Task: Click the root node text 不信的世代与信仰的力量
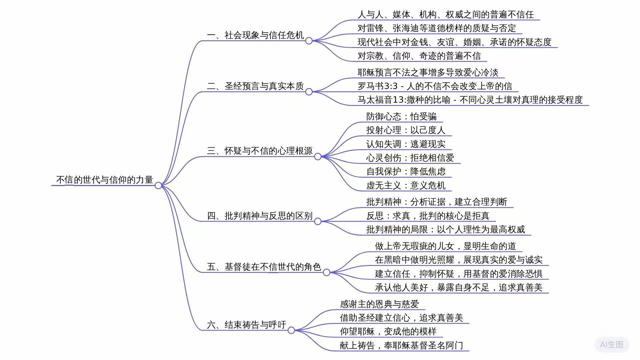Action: tap(104, 180)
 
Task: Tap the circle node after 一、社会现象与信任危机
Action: tap(309, 41)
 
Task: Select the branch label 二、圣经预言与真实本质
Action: tap(255, 86)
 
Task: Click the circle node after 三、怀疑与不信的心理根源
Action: tap(318, 156)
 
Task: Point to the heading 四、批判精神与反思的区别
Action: tap(260, 216)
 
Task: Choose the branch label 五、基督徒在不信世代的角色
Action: tap(264, 267)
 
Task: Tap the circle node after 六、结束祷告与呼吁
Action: tap(291, 330)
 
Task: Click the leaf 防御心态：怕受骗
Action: tap(401, 116)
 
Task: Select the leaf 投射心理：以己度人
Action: tap(406, 130)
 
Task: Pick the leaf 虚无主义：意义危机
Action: tap(406, 185)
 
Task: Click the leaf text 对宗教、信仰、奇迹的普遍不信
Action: tap(419, 56)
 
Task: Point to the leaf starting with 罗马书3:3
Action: tap(435, 86)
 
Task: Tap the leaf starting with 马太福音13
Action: tap(470, 100)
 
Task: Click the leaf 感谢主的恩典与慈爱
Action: tap(379, 304)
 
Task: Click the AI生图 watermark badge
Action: tap(612, 345)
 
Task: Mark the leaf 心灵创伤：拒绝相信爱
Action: tap(410, 158)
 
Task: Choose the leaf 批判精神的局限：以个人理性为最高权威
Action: tap(445, 229)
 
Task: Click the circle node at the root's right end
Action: tap(158, 185)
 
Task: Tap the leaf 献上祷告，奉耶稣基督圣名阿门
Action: tap(401, 345)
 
